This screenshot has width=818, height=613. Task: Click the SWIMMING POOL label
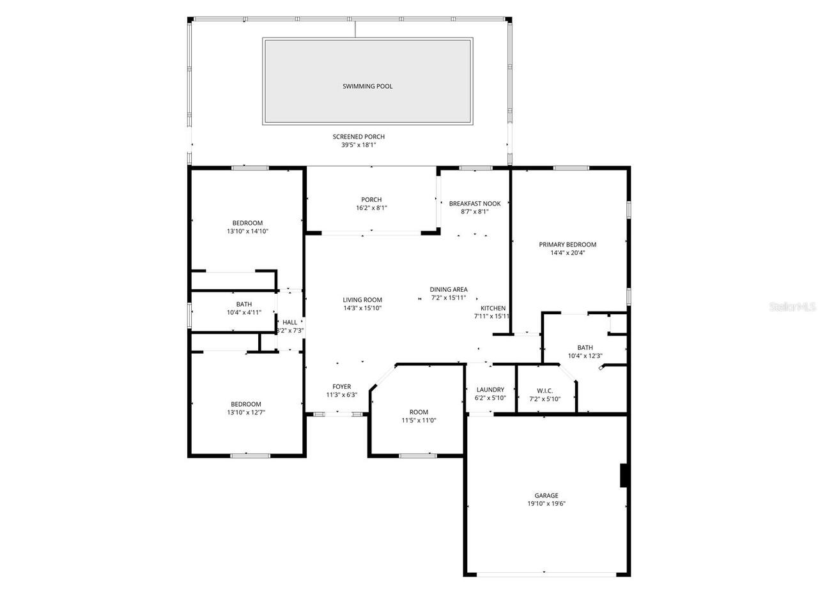(x=367, y=86)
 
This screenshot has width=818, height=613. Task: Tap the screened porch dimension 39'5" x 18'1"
(x=359, y=145)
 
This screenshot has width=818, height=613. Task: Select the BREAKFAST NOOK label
(x=475, y=204)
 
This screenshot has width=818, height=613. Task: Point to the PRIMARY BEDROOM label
(x=567, y=245)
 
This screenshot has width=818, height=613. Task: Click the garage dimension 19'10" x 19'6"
(x=546, y=504)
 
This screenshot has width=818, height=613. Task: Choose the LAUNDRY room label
(x=490, y=390)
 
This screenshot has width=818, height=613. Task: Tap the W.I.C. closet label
(x=545, y=390)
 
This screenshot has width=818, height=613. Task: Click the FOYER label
(x=342, y=386)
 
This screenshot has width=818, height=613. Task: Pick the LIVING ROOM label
(x=362, y=299)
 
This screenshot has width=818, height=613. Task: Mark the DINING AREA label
(x=449, y=289)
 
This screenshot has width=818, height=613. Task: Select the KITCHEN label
(x=493, y=308)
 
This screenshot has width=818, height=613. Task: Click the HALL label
(x=289, y=322)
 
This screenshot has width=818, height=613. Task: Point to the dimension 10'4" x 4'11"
(x=243, y=313)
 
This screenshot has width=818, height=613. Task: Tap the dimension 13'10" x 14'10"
(x=247, y=231)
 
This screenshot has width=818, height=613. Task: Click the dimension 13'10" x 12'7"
(x=246, y=412)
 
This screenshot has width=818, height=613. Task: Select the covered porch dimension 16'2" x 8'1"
(x=371, y=208)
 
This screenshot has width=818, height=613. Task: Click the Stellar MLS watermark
(x=793, y=307)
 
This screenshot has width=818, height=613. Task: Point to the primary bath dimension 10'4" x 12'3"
(x=585, y=356)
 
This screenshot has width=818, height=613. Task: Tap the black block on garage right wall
(x=624, y=476)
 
